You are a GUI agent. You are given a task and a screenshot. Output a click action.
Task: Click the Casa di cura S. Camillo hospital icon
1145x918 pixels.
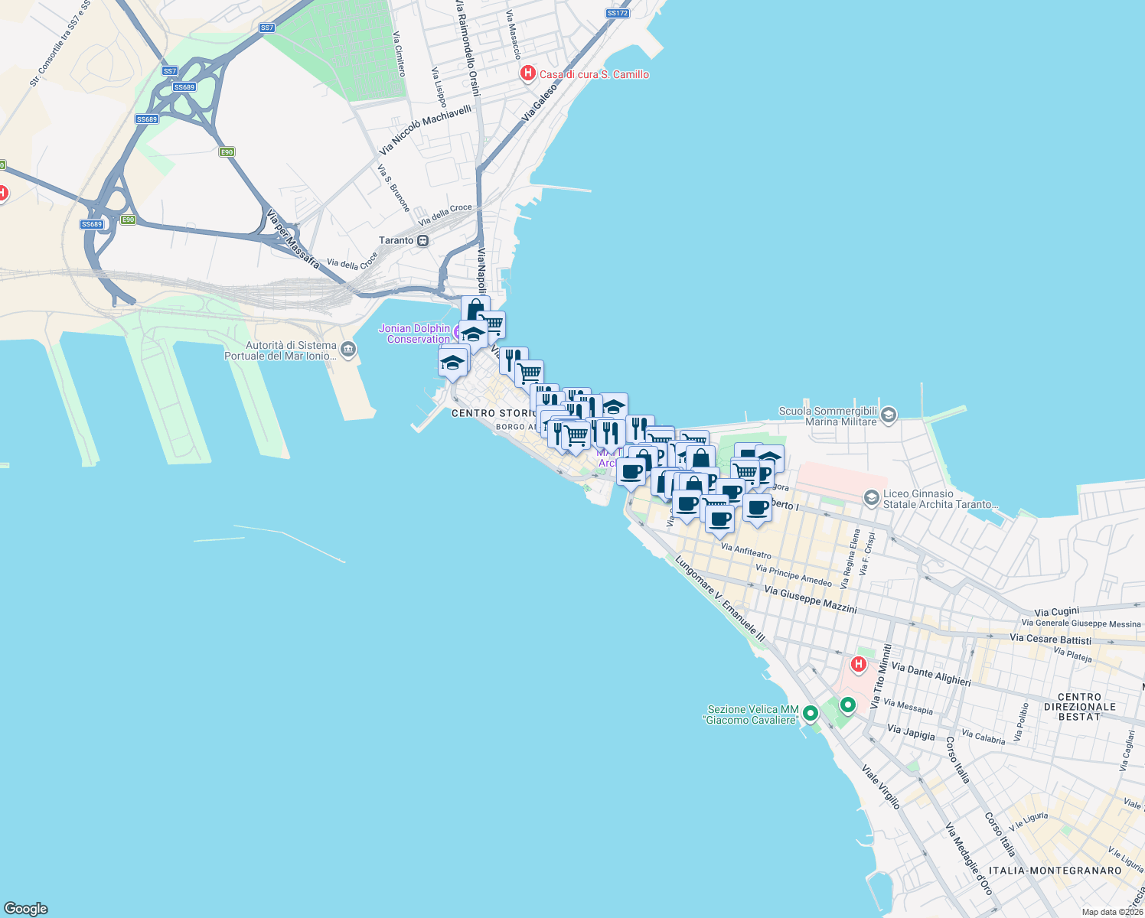(527, 73)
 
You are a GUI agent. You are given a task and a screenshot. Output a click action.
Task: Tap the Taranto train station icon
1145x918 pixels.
(422, 240)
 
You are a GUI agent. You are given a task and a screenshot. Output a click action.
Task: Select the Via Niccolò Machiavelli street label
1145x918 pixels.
(426, 129)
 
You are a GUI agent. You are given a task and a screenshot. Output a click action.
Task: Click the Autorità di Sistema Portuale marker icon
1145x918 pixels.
(348, 350)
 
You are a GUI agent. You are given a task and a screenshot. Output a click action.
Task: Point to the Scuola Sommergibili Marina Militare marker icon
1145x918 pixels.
(889, 415)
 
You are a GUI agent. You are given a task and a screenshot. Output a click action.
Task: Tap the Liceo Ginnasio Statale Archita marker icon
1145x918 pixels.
(871, 499)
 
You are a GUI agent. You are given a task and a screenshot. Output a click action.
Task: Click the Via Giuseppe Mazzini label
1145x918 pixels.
(811, 601)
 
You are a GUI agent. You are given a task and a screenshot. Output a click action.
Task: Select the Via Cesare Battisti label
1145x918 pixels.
(1050, 639)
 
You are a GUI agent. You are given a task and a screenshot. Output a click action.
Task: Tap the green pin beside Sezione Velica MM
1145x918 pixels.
(810, 714)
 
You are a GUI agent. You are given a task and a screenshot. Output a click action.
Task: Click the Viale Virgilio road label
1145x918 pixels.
(881, 786)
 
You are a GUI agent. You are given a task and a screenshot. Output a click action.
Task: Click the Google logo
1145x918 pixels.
(26, 909)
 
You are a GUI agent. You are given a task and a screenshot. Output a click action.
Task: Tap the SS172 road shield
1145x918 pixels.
(617, 13)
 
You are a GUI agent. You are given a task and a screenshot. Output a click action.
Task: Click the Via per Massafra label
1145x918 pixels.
(293, 239)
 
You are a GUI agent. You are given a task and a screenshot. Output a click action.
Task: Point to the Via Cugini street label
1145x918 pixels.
(1056, 612)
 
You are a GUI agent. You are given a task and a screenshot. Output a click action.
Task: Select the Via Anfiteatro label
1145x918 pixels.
(745, 551)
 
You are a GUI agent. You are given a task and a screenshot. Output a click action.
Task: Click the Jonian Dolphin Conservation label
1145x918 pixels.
(415, 334)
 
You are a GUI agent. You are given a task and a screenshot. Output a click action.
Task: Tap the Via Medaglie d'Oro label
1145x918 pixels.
(968, 858)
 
